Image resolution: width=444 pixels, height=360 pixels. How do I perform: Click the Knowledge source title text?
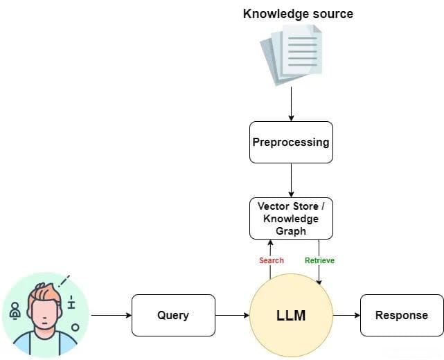pos(298,14)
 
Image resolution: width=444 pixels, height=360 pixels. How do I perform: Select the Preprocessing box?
pos(291,142)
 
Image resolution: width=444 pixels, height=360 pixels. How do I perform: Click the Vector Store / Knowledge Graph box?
pos(291,218)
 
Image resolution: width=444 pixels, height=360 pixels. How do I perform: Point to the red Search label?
pos(272,260)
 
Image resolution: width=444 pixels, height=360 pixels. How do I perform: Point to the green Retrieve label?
pos(319,260)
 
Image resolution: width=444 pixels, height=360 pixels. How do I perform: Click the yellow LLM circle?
pos(291,316)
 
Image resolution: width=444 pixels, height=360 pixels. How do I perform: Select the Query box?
pos(173,316)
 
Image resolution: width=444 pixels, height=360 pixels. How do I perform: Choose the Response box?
pos(402,316)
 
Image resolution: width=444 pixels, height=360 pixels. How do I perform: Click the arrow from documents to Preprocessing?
pos(291,104)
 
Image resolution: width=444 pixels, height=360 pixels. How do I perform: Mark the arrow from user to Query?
pos(111,316)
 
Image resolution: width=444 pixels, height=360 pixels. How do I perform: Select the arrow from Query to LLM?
pos(232,316)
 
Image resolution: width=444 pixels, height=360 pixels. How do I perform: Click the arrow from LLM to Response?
pos(346,316)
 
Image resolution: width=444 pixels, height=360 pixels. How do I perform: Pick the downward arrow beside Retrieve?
pos(319,271)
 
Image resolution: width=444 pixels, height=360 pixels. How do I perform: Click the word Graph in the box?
pos(291,231)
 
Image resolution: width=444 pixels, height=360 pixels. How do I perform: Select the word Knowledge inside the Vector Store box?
pos(291,219)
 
